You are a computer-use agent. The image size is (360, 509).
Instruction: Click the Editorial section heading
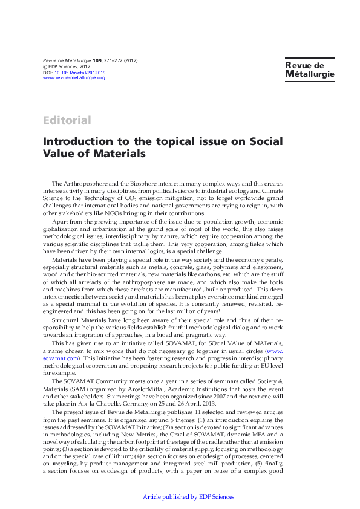coord(67,120)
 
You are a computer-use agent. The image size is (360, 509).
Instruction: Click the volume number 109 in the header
coord(97,61)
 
